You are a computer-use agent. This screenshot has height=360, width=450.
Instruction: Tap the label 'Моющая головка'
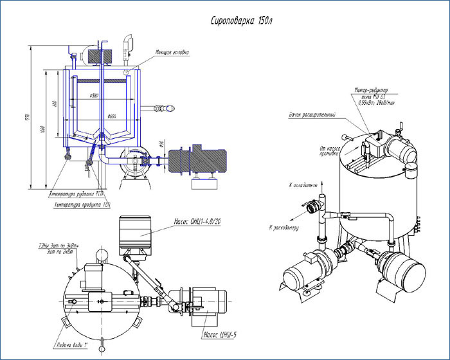(x=172, y=53)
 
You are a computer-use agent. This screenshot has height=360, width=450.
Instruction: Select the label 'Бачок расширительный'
(x=312, y=114)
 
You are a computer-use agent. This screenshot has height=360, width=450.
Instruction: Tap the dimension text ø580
(x=98, y=98)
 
